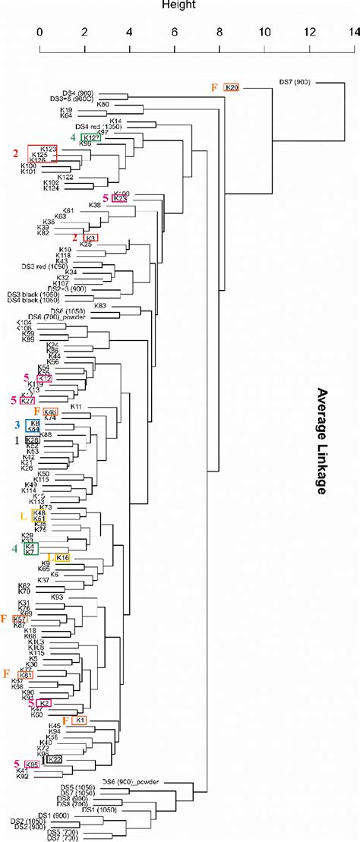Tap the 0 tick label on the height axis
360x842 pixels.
point(39,33)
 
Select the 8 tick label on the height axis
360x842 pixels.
point(219,33)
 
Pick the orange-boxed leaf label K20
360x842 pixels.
point(232,88)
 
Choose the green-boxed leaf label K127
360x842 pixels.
point(90,137)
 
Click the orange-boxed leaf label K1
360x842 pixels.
point(80,719)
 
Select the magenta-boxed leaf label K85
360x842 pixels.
point(33,765)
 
